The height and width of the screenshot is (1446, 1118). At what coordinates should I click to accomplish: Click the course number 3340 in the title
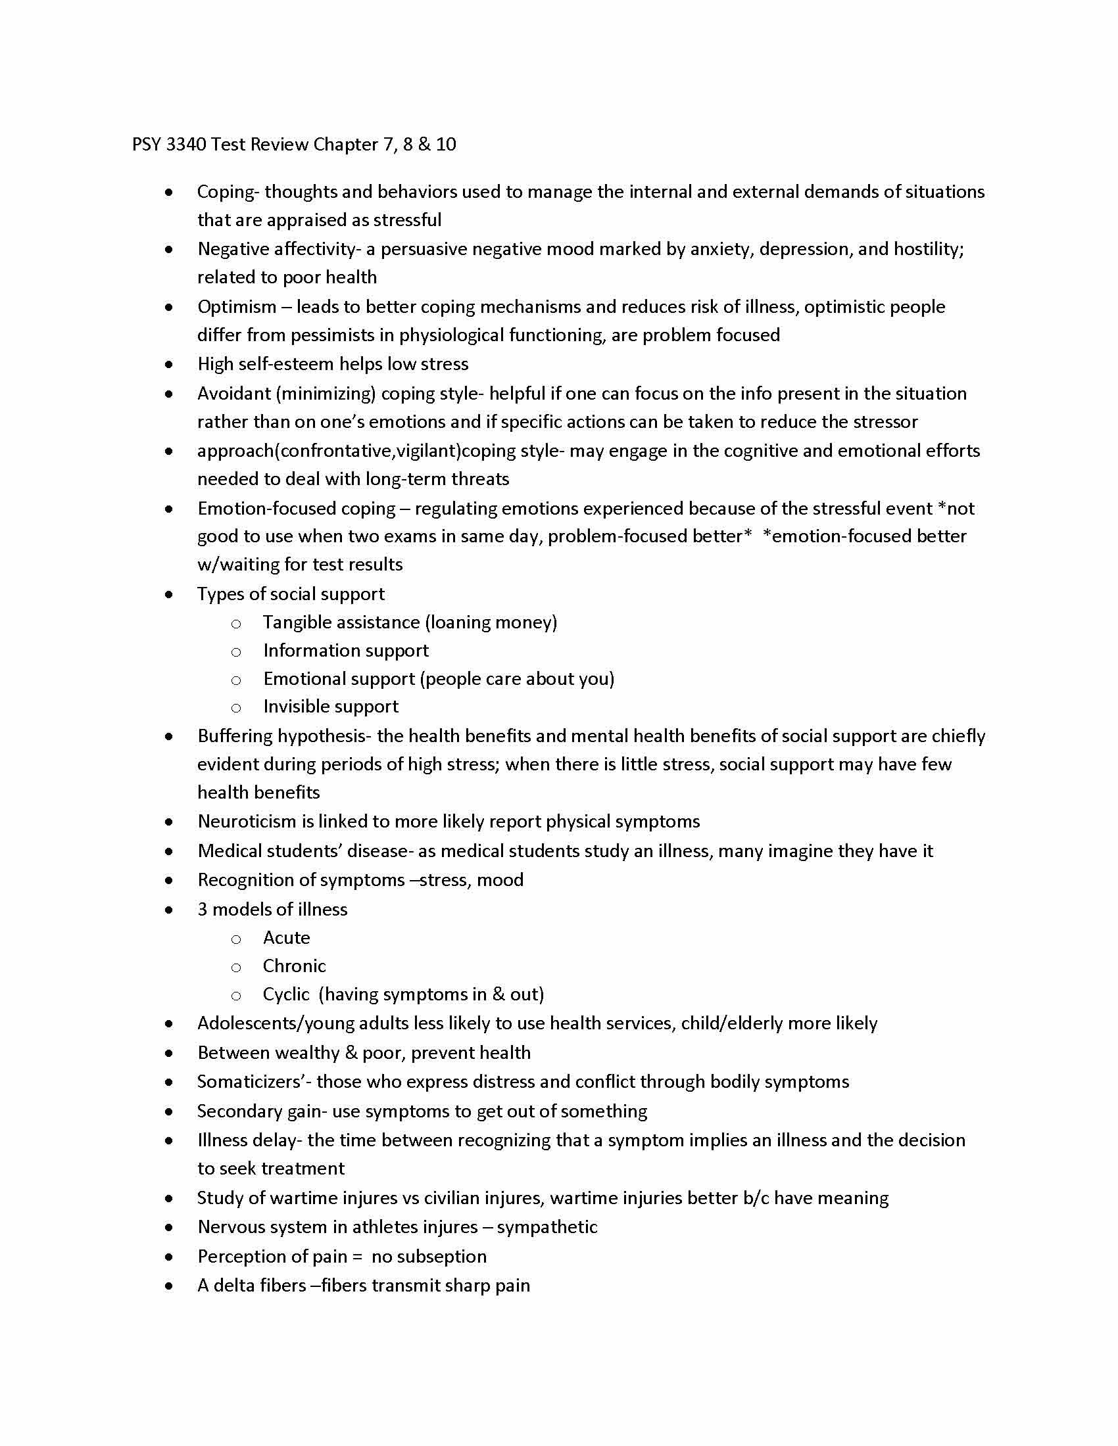[x=186, y=145]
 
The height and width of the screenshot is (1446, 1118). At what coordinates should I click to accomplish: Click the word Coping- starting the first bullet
[x=228, y=192]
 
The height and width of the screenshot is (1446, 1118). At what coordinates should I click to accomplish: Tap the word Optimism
[x=237, y=306]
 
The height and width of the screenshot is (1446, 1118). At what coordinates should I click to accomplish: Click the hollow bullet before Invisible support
[x=236, y=708]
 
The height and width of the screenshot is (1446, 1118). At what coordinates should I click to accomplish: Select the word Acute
[x=286, y=938]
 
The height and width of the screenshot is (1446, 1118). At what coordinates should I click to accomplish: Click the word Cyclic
[x=285, y=994]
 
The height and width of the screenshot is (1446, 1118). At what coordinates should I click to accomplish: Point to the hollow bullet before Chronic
[x=236, y=968]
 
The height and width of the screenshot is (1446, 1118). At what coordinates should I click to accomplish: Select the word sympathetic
[x=547, y=1227]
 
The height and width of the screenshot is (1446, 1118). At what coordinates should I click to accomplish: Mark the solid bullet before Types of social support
[x=170, y=595]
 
